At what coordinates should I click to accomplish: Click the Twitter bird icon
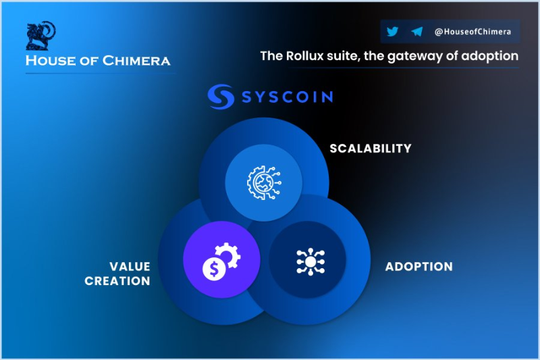click(x=392, y=31)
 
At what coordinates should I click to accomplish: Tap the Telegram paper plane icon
click(x=416, y=31)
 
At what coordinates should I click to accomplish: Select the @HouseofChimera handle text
click(x=473, y=32)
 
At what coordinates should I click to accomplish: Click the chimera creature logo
click(x=40, y=36)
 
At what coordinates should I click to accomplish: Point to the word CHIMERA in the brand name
click(x=136, y=61)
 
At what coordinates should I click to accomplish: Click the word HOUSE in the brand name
click(x=51, y=61)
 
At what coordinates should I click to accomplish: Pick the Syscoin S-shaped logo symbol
click(x=221, y=97)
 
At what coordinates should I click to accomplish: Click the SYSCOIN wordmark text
click(x=288, y=97)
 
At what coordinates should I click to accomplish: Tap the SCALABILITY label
click(x=371, y=149)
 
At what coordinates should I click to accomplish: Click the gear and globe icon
click(x=264, y=182)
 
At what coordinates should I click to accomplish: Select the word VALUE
click(x=130, y=266)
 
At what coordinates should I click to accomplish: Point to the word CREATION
click(x=117, y=281)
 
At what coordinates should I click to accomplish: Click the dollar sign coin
click(x=214, y=269)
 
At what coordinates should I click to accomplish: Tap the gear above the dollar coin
click(x=228, y=255)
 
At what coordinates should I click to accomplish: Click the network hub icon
click(x=310, y=261)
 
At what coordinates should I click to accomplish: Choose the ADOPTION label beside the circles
click(x=418, y=267)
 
